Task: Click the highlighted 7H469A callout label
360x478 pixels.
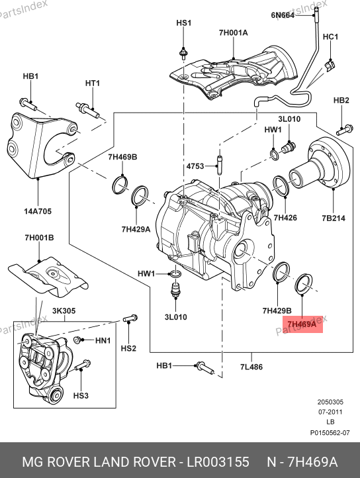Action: tap(302, 324)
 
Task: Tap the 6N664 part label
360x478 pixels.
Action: tap(283, 15)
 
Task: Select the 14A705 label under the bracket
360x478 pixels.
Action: tap(38, 211)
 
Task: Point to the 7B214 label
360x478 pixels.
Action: tap(334, 218)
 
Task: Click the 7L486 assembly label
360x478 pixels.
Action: tap(251, 367)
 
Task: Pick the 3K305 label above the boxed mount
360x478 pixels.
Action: tap(64, 311)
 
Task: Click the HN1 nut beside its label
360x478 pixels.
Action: tap(77, 339)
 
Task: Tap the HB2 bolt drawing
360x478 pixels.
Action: tap(345, 130)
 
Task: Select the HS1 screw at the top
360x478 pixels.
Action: tap(183, 54)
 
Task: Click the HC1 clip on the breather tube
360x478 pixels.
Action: tap(330, 65)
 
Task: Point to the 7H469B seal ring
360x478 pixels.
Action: tap(120, 184)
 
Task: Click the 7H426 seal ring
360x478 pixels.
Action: tap(281, 185)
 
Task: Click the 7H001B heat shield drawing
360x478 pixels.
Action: tap(48, 277)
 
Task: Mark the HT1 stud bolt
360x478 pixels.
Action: tap(87, 111)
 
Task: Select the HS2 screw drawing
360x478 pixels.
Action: tap(130, 318)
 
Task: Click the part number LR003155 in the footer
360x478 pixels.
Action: tap(218, 462)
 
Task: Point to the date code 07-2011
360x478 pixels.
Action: tap(330, 412)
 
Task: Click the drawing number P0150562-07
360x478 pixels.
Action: tap(330, 432)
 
